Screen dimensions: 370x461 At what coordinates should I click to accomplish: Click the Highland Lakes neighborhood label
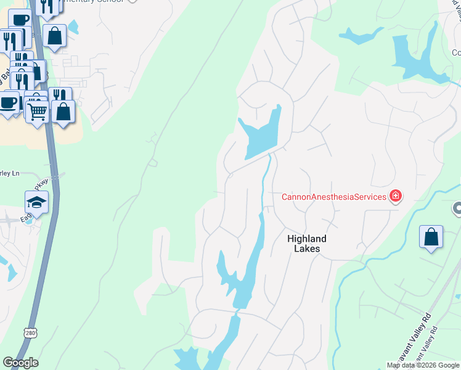pos(306,244)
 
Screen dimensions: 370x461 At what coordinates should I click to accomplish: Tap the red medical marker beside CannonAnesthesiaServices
pos(395,197)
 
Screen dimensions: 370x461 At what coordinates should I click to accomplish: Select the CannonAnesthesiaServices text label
pos(333,197)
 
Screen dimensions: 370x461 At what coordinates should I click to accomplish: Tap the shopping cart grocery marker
pos(37,112)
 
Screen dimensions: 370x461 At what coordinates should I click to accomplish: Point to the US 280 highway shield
pos(31,333)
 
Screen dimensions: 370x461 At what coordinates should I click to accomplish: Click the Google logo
pos(20,363)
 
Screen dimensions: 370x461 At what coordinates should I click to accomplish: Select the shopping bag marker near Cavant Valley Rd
pos(431,237)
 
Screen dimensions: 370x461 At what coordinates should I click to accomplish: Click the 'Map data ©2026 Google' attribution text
pos(423,365)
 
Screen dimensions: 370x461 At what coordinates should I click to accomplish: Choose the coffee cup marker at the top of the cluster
pos(20,20)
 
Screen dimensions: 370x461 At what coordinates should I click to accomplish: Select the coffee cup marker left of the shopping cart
pos(9,102)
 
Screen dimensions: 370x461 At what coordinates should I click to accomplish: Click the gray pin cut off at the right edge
pos(457,210)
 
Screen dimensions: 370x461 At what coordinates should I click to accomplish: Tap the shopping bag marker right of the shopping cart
pos(63,112)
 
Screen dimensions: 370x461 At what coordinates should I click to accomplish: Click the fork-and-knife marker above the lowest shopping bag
pos(60,96)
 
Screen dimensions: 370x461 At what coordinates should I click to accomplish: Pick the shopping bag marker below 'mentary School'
pos(55,36)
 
